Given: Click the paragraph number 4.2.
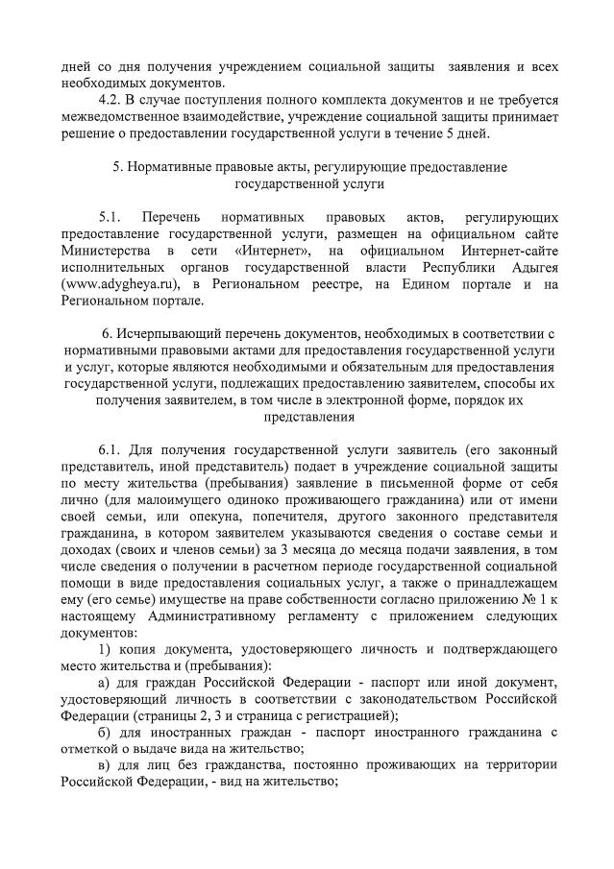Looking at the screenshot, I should pyautogui.click(x=111, y=100).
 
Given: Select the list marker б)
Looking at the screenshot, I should pyautogui.click(x=106, y=732).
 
